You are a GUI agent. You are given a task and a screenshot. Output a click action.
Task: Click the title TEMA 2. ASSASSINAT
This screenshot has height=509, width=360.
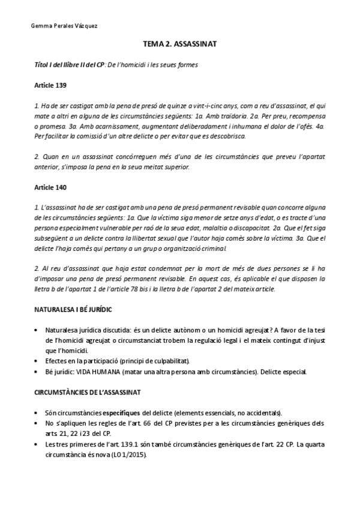pyautogui.click(x=180, y=44)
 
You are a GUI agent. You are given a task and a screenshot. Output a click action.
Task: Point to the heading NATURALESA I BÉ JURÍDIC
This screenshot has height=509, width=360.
pyautogui.click(x=74, y=310)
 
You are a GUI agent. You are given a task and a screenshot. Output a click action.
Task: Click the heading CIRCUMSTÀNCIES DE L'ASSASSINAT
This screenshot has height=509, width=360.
pyautogui.click(x=88, y=393)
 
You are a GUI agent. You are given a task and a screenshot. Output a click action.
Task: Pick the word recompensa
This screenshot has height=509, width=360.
pyautogui.click(x=305, y=116)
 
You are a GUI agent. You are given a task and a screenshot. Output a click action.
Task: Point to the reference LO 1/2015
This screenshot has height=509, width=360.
pyautogui.click(x=128, y=455)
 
